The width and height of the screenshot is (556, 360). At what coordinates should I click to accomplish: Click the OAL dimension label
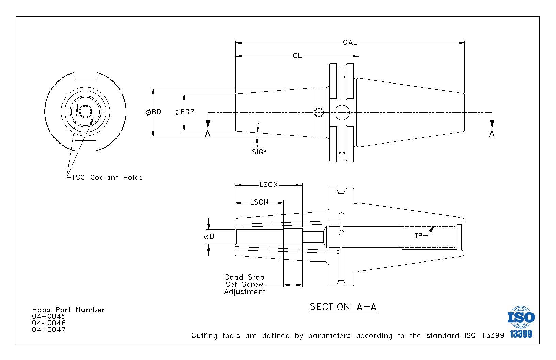point(350,43)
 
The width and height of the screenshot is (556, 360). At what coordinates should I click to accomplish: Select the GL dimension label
point(297,56)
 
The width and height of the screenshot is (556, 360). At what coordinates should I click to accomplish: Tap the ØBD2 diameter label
point(184,112)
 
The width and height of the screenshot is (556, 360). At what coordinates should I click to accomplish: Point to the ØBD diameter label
point(153,112)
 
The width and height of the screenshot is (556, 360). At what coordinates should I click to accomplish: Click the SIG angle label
point(259,152)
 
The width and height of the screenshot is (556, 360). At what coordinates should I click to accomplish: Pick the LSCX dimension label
point(268,185)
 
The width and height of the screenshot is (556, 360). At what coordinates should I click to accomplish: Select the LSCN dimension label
point(259,202)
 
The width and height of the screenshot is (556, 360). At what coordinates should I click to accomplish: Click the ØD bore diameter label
point(209,236)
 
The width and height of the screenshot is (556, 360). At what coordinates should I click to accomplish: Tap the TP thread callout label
point(418,236)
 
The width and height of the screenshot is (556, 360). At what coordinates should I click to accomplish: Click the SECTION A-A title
point(343,307)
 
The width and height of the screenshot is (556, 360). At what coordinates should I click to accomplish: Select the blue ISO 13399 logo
point(521,322)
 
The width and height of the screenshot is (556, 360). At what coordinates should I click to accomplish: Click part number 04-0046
point(49,323)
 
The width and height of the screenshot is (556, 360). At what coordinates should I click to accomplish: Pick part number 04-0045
point(49,316)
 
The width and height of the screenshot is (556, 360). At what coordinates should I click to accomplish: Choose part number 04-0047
point(49,330)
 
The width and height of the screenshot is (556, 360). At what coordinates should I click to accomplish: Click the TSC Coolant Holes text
point(107,177)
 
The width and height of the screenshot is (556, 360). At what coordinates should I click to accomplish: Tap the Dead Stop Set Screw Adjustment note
point(245,284)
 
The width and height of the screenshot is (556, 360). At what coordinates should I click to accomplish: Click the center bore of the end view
point(86,111)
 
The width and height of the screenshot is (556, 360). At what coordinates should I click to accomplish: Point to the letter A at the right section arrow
point(492,134)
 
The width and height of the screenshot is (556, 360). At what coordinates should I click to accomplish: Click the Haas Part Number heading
point(68,310)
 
